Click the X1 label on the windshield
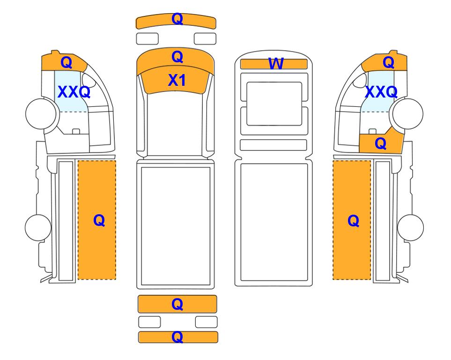click(x=177, y=80)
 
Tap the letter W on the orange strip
click(x=276, y=64)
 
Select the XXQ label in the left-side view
click(x=74, y=92)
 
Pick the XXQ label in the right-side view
click(x=381, y=92)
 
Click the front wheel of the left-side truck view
click(x=41, y=113)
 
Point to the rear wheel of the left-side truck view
click(x=38, y=227)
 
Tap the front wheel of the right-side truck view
click(x=408, y=113)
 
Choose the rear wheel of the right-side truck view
click(x=410, y=227)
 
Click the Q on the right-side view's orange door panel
click(x=381, y=143)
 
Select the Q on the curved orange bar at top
click(x=177, y=19)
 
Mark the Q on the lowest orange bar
click(x=177, y=337)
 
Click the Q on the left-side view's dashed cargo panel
click(x=99, y=221)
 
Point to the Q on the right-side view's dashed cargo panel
click(x=353, y=221)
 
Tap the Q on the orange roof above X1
click(x=177, y=57)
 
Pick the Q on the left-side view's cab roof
click(x=67, y=62)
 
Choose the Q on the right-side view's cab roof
click(x=388, y=62)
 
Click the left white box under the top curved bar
click(x=147, y=39)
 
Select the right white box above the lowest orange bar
click(x=206, y=322)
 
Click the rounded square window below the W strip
click(x=274, y=104)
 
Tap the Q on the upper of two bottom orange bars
click(x=177, y=304)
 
